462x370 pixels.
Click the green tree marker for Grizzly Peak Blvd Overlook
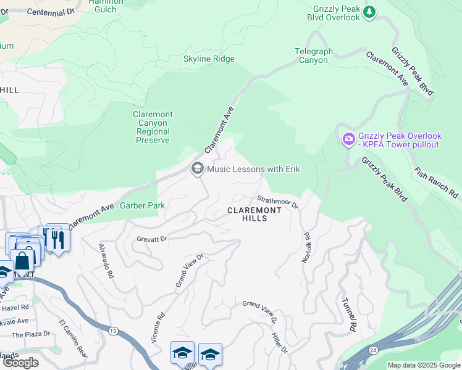pyautogui.click(x=369, y=12)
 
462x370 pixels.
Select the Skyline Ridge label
pyautogui.click(x=209, y=59)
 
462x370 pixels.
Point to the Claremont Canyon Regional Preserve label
pyautogui.click(x=153, y=128)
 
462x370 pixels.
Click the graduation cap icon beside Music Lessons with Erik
pyautogui.click(x=198, y=169)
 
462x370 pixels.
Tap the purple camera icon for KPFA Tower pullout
pyautogui.click(x=349, y=139)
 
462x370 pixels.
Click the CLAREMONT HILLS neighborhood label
pyautogui.click(x=254, y=214)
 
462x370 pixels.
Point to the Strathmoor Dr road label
pyautogui.click(x=277, y=201)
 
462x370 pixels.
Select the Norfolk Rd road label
pyautogui.click(x=305, y=247)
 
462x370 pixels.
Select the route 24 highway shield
pyautogui.click(x=373, y=350)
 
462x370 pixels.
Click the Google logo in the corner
pyautogui.click(x=20, y=363)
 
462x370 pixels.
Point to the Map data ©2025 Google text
pyautogui.click(x=423, y=365)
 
